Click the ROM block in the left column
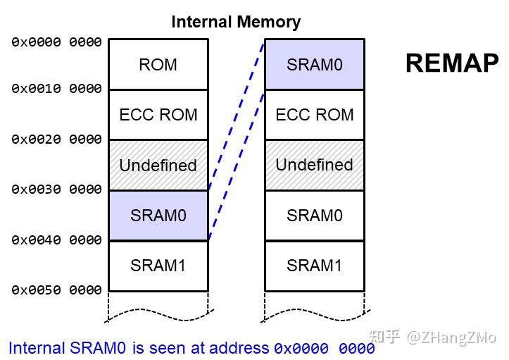coord(158,64)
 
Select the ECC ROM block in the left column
coord(158,114)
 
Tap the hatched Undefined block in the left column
coord(158,165)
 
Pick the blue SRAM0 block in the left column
coord(158,215)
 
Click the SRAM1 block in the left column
coord(158,266)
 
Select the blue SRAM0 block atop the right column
coord(314,64)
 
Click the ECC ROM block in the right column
coord(314,114)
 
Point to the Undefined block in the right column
coord(314,165)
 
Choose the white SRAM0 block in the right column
coord(314,215)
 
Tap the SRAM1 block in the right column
coord(314,266)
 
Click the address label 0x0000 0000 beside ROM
coord(56,42)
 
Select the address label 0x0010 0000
coord(56,89)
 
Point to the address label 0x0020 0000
coord(56,139)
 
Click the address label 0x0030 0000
coord(56,190)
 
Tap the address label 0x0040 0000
coord(56,240)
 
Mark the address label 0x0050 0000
coord(56,290)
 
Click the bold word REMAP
coord(451,64)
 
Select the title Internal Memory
coord(236,22)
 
